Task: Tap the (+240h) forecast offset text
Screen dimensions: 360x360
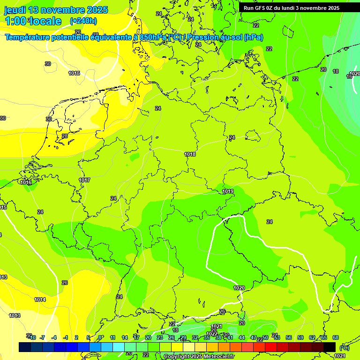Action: [x=83, y=21]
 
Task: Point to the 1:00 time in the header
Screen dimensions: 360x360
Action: [x=15, y=21]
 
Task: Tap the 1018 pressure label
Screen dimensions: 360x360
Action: [x=190, y=154]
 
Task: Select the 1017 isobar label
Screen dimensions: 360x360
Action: [x=84, y=180]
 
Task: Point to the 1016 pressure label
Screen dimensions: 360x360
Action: [x=26, y=182]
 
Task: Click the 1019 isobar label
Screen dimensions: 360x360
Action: [x=228, y=191]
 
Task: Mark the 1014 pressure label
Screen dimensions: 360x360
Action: [x=40, y=300]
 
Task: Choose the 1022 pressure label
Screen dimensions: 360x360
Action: [x=211, y=334]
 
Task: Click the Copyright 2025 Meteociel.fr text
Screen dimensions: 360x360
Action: [x=199, y=357]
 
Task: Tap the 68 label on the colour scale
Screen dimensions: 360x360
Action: [x=336, y=337]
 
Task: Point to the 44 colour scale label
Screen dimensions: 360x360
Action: [x=242, y=337]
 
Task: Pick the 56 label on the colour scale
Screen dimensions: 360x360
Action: [x=289, y=337]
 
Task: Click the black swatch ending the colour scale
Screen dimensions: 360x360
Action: [x=330, y=347]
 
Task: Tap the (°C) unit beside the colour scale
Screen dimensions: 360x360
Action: [x=344, y=347]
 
